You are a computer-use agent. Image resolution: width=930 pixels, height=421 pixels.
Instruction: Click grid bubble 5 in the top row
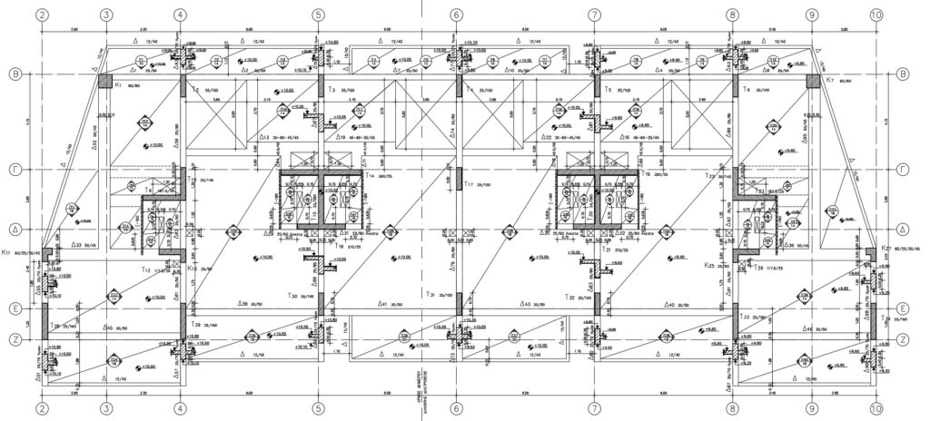(x=318, y=15)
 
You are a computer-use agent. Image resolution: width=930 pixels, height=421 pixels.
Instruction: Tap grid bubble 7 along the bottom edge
(x=593, y=408)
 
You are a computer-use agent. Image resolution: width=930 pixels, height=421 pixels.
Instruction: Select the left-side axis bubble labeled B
(x=15, y=74)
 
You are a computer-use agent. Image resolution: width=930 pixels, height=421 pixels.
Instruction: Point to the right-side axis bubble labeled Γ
(x=903, y=169)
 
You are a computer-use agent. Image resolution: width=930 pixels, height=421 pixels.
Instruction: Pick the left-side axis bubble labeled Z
(x=15, y=338)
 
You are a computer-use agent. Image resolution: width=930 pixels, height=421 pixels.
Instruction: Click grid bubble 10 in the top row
(x=876, y=15)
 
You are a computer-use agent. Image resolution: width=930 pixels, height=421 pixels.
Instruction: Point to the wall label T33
(x=747, y=317)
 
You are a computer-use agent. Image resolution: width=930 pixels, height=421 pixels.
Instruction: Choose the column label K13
(x=193, y=269)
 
